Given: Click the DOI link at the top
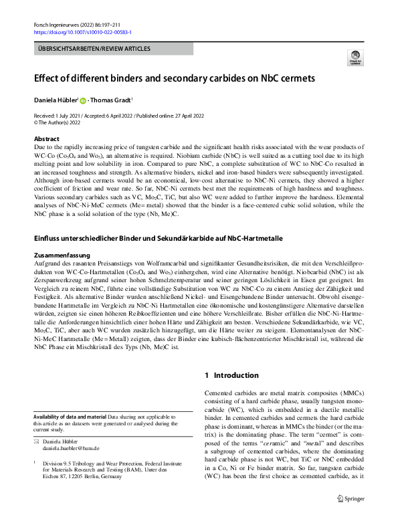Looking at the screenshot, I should [x=82, y=31].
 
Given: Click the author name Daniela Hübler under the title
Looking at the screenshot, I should [x=56, y=100].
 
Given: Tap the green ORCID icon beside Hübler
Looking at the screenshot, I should [x=84, y=101].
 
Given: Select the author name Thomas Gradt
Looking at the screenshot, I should [x=112, y=100].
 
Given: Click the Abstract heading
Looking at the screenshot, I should [x=46, y=138].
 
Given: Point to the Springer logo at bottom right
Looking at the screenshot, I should [x=351, y=517].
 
